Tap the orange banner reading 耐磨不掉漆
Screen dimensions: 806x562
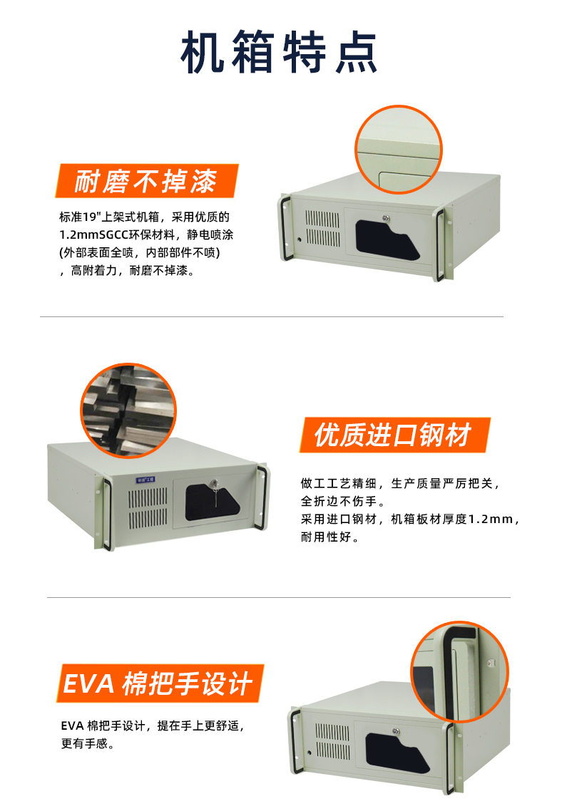[146, 182]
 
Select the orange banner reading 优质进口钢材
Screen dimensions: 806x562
[394, 435]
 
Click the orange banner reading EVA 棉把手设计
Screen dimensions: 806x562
[158, 683]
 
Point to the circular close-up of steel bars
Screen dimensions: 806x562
[128, 410]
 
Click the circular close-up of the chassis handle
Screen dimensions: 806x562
[459, 671]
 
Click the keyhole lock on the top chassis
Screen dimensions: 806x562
[387, 219]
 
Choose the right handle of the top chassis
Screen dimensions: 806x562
[441, 243]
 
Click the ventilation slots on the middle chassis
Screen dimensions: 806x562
[150, 506]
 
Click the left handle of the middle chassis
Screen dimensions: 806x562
[105, 513]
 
